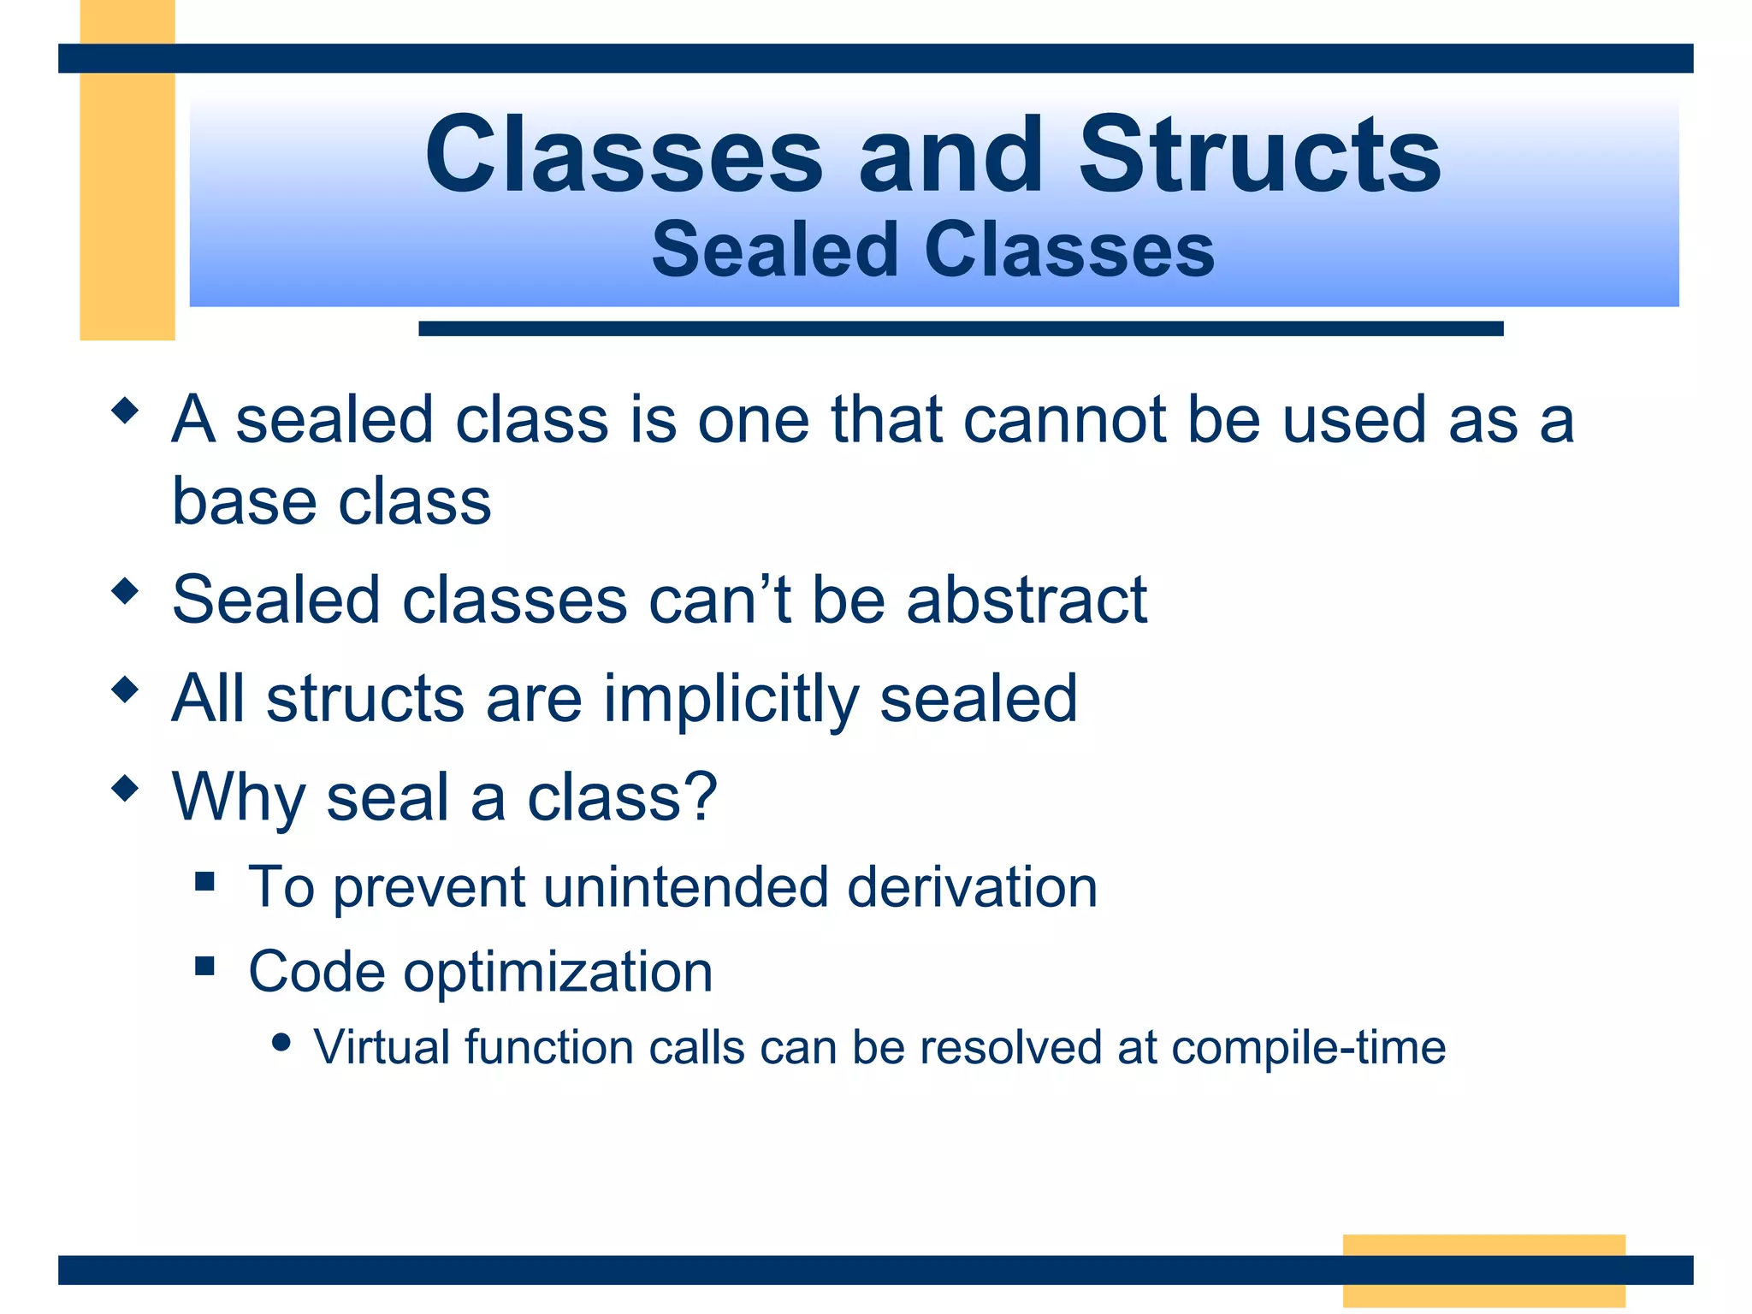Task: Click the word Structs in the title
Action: point(1259,156)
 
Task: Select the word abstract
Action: point(1027,601)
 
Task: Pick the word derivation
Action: point(972,887)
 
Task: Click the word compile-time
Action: point(1308,1048)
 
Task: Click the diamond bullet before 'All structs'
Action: point(125,689)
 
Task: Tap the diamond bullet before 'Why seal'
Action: point(125,787)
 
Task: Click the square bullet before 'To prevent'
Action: point(204,881)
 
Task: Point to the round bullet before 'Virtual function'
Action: point(281,1042)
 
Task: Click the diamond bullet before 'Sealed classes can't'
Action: point(125,590)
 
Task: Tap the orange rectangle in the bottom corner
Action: point(1483,1270)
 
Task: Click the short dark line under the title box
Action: point(960,328)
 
